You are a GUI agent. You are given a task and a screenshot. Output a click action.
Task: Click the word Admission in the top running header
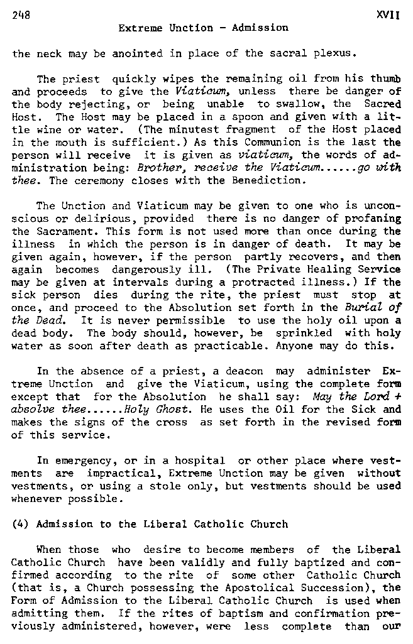260,28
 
